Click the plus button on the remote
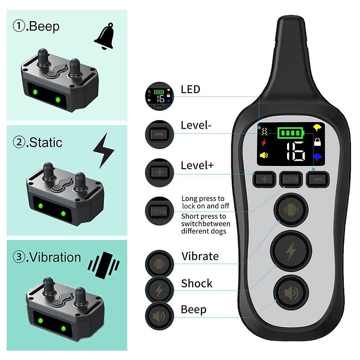(265, 180)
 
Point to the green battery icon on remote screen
(291, 133)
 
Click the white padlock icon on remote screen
(318, 143)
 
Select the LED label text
(190, 89)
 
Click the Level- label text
(196, 125)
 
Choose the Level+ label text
(198, 165)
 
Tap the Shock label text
(197, 283)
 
